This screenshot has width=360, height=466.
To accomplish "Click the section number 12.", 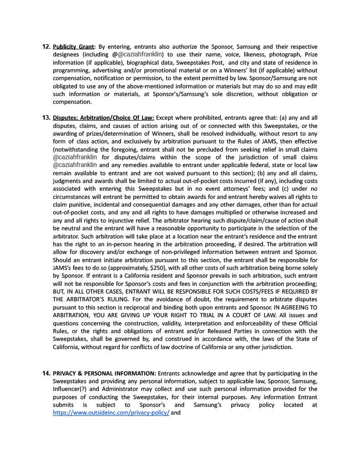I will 46,47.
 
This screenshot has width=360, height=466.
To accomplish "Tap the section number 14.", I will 46,374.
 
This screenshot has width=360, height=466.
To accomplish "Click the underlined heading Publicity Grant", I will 73,47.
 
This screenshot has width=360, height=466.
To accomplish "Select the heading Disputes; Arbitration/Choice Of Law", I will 103,118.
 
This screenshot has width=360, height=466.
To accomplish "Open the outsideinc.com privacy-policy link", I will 111,413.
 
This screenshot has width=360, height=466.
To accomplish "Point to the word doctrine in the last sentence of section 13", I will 189,347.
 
